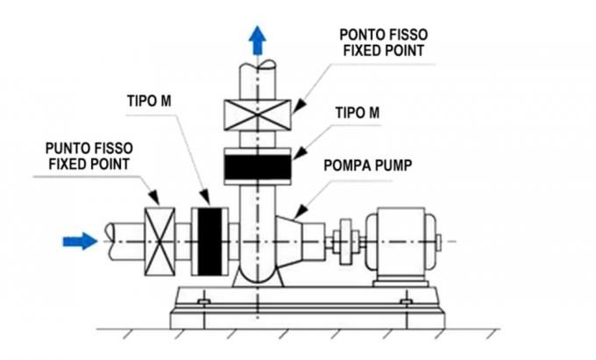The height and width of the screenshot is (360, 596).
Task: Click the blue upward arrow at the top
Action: (x=258, y=39)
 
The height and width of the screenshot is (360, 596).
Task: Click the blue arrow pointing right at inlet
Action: (x=82, y=240)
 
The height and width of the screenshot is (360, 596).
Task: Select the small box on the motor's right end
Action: (x=438, y=240)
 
